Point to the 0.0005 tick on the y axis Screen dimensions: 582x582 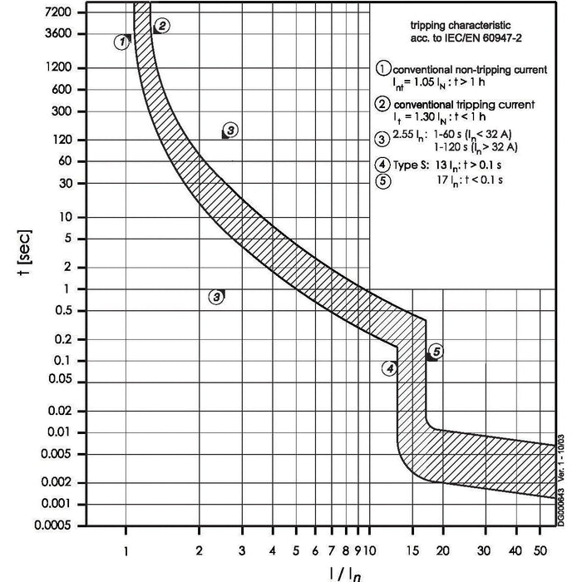tap(60, 525)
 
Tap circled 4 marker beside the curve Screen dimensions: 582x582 tap(390, 367)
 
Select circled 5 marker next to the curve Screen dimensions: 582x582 tap(436, 351)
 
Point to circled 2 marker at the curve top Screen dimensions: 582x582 tap(162, 26)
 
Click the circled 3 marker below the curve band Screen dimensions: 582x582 tap(216, 296)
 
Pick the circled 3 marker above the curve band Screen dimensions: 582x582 tap(230, 130)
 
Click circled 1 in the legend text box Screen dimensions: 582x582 tap(383, 70)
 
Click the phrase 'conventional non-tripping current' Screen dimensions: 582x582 tap(471, 70)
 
